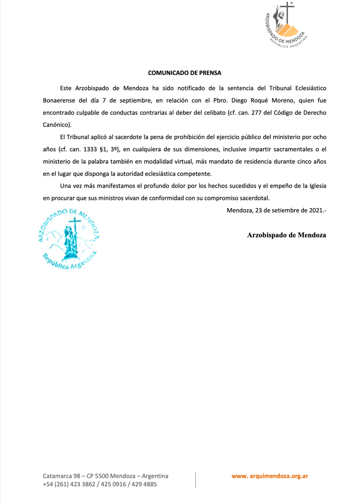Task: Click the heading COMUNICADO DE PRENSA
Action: click(184, 73)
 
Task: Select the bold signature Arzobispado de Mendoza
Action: click(286, 235)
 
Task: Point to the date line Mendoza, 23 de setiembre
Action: click(276, 211)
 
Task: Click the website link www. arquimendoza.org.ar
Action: click(270, 476)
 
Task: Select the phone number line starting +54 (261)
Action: click(100, 484)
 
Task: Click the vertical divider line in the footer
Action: click(196, 480)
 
